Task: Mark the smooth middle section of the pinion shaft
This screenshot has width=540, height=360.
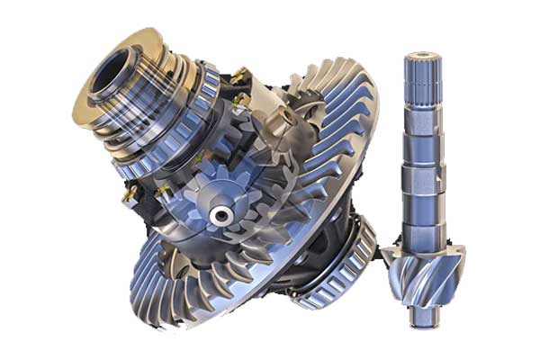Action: pos(421,180)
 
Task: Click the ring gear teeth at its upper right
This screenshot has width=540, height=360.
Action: pos(346,99)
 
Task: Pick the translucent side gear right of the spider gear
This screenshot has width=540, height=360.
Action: pos(270,193)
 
